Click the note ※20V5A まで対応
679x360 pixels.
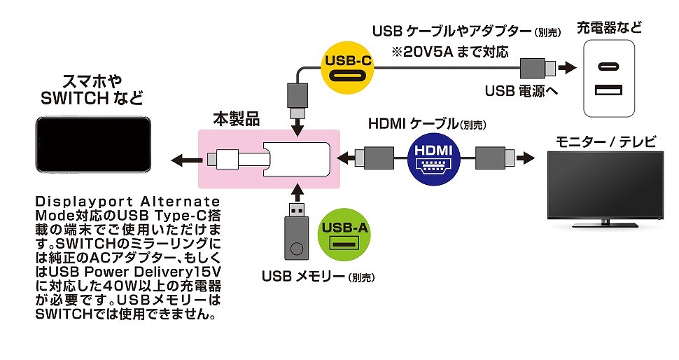450,51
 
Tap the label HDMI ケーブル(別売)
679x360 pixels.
427,123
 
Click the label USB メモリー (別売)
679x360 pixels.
318,276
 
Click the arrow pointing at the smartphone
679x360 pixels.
183,159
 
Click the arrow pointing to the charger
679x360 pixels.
567,69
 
